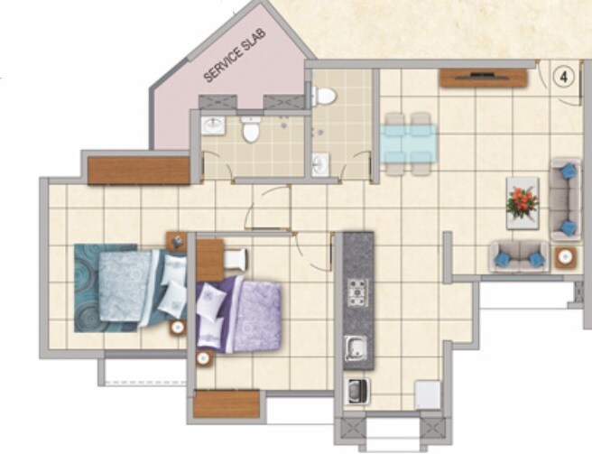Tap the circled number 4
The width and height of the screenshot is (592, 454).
click(564, 77)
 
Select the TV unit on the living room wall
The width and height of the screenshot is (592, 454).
click(483, 78)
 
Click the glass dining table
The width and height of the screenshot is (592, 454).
click(408, 143)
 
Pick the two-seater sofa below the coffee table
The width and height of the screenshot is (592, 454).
click(519, 256)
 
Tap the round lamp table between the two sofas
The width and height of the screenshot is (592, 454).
click(566, 256)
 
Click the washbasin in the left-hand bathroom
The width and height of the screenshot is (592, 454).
click(214, 125)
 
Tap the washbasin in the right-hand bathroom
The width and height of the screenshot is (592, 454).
click(320, 164)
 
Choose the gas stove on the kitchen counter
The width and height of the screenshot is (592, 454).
click(358, 292)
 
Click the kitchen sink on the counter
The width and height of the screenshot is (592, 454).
click(357, 347)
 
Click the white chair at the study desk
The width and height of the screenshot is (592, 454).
click(233, 259)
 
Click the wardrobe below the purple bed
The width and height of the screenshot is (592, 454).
click(227, 403)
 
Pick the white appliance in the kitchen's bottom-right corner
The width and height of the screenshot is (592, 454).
click(427, 394)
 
